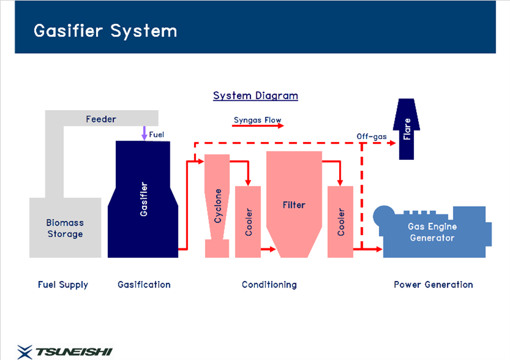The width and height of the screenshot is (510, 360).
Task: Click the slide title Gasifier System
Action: (106, 31)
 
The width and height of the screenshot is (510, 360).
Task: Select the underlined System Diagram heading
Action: (256, 96)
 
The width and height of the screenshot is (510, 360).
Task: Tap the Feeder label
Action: (101, 119)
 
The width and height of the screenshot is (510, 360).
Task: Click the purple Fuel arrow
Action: (144, 133)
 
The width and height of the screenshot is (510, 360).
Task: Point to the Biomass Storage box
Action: (65, 228)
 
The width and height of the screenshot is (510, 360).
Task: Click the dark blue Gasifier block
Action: (143, 199)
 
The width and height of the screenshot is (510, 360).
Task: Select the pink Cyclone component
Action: (217, 206)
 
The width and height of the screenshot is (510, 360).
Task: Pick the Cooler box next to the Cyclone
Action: (248, 222)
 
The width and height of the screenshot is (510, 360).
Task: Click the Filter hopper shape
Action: (294, 204)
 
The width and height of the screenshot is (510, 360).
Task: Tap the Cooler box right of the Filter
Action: (340, 222)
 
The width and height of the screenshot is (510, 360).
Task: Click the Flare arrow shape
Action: (407, 129)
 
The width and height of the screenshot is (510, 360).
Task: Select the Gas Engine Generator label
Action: (432, 232)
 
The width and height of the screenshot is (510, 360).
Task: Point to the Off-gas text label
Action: (372, 136)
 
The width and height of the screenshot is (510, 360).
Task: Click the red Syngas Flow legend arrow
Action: (258, 126)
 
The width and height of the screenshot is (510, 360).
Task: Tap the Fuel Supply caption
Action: (63, 285)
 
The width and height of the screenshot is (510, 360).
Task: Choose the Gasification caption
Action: (144, 285)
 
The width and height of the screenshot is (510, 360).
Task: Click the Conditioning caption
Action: (269, 285)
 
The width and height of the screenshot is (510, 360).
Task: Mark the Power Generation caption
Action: (433, 285)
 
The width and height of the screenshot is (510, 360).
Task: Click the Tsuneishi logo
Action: (65, 352)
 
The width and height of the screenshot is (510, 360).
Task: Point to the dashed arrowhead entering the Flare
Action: (393, 143)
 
